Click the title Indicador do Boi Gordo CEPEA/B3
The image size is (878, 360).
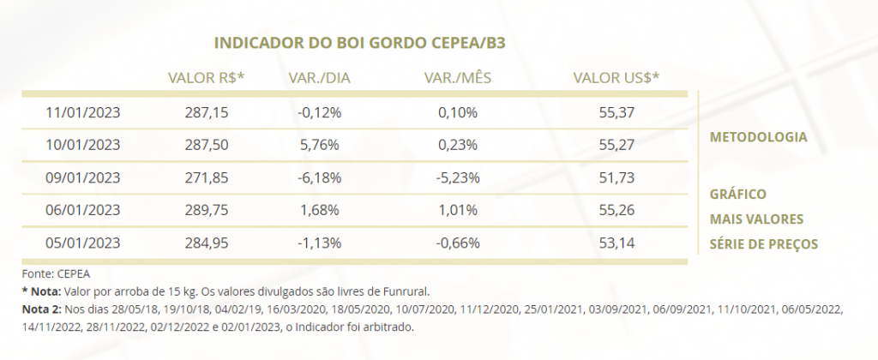coord(359,43)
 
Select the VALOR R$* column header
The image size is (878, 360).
coord(207,78)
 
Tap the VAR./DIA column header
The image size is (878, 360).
coord(319,78)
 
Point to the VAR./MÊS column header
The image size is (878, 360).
coord(458,78)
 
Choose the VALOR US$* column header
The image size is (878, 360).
coord(616,78)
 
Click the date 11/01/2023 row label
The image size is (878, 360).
coord(83,112)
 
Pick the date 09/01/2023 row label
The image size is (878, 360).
coord(83,177)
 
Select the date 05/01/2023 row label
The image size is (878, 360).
coord(83,243)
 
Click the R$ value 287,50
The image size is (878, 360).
coord(207,145)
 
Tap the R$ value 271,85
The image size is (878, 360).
coord(207,177)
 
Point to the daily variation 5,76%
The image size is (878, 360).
coord(319,145)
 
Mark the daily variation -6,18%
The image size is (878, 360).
coord(319,177)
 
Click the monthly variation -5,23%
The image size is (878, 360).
coord(458,177)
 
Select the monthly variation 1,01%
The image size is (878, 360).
coord(458,211)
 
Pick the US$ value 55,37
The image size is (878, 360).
coord(616,112)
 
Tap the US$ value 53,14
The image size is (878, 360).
coord(616,243)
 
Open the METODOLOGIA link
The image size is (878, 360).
coord(758,137)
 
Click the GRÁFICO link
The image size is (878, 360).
coord(738,195)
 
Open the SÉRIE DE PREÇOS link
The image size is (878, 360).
coord(764,244)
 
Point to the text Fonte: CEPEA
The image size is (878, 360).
coord(56,274)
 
